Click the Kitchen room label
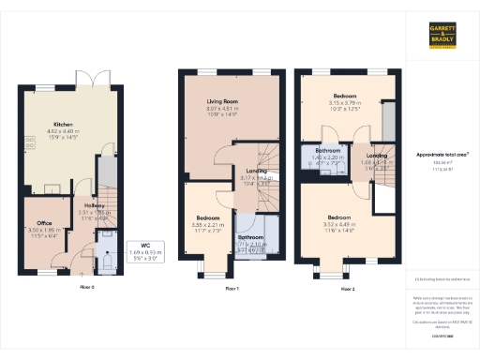[x=63, y=125]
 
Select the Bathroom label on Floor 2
[x=327, y=150]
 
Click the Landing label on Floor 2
[x=377, y=155]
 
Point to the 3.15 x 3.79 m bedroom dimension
[x=345, y=103]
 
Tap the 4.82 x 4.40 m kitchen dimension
[x=63, y=131]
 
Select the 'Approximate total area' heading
[x=441, y=152]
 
